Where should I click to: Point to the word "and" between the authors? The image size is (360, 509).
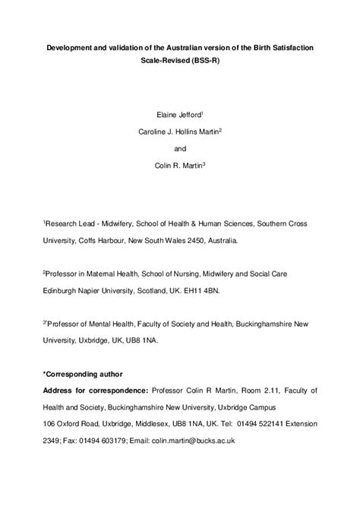point(180,148)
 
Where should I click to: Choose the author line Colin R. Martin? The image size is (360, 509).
point(178,166)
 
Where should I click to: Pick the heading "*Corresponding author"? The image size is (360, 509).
point(84,374)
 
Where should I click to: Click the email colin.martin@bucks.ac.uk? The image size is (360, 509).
point(189,440)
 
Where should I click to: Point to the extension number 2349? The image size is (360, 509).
point(54,440)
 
